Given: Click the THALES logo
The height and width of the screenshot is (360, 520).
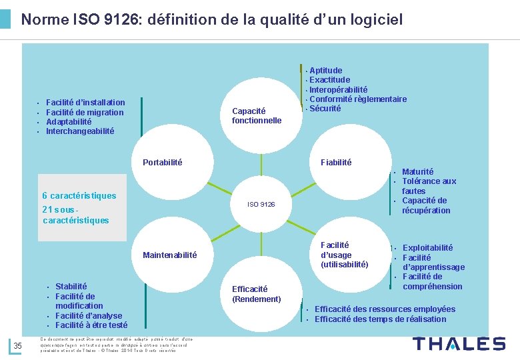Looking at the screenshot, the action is click(x=459, y=344).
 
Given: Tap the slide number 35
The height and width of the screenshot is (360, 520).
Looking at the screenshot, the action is click(x=18, y=345).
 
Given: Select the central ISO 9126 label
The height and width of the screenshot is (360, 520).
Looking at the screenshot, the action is click(x=261, y=204).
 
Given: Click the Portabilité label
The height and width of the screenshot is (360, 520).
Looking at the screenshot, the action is click(x=163, y=162).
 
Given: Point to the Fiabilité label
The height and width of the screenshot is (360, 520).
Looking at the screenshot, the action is click(x=336, y=162).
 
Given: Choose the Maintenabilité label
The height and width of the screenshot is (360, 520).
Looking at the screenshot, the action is click(x=170, y=255).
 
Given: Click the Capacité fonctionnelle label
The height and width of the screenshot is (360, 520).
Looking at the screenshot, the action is click(x=257, y=115).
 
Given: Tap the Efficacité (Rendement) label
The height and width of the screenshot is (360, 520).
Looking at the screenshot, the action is click(x=257, y=294).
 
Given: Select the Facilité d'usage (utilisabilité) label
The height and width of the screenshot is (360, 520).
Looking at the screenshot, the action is click(x=344, y=255).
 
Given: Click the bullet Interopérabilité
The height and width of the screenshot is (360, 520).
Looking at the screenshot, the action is click(x=338, y=89).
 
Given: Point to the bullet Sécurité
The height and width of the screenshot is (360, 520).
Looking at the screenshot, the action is click(x=325, y=109).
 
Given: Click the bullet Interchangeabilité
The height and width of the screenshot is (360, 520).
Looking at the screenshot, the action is click(x=80, y=131).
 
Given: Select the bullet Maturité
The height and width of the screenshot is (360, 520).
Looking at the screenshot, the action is click(x=418, y=171).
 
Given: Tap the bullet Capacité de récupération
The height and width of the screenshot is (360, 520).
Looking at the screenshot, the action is click(x=426, y=205).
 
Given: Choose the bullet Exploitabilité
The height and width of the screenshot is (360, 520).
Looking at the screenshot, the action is click(x=427, y=247).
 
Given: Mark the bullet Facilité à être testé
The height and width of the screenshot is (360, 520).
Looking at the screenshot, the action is click(x=91, y=325).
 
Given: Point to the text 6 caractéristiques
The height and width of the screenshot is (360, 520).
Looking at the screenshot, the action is click(x=79, y=195).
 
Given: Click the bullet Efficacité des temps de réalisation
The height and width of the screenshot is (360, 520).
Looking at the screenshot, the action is click(x=380, y=319).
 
